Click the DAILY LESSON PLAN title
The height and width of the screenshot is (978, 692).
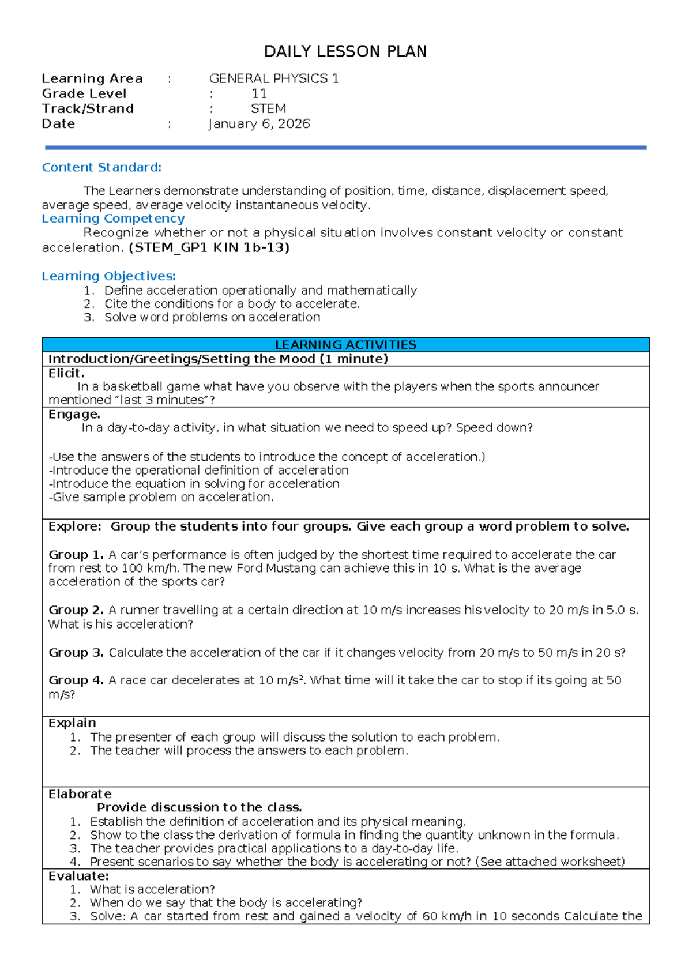pyautogui.click(x=345, y=52)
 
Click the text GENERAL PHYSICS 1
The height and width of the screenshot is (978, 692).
pyautogui.click(x=273, y=78)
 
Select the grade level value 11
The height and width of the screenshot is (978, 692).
pyautogui.click(x=259, y=93)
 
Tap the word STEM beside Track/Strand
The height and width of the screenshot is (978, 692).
pyautogui.click(x=268, y=108)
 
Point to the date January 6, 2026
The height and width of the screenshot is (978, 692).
pyautogui.click(x=259, y=123)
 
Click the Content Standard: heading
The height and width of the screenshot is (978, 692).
pyautogui.click(x=101, y=167)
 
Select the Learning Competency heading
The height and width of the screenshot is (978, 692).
pyautogui.click(x=113, y=219)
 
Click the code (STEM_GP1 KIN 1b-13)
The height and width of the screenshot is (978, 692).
pyautogui.click(x=209, y=247)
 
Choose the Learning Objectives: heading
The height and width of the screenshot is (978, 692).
pyautogui.click(x=108, y=276)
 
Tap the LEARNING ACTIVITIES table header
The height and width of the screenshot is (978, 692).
pyautogui.click(x=345, y=345)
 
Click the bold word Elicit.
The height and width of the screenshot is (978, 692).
pyautogui.click(x=66, y=373)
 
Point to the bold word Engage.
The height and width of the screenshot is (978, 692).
pyautogui.click(x=74, y=414)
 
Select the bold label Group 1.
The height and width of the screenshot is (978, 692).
pyautogui.click(x=76, y=555)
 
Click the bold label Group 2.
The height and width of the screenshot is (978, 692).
pyautogui.click(x=76, y=610)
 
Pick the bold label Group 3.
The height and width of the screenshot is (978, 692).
pyautogui.click(x=76, y=653)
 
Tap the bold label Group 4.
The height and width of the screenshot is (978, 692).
pyautogui.click(x=76, y=680)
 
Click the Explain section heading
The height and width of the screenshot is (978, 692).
pyautogui.click(x=72, y=723)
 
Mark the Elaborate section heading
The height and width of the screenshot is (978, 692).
pyautogui.click(x=80, y=794)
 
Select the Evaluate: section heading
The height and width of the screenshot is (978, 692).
pyautogui.click(x=78, y=876)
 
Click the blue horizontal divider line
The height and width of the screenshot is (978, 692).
pyautogui.click(x=345, y=148)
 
